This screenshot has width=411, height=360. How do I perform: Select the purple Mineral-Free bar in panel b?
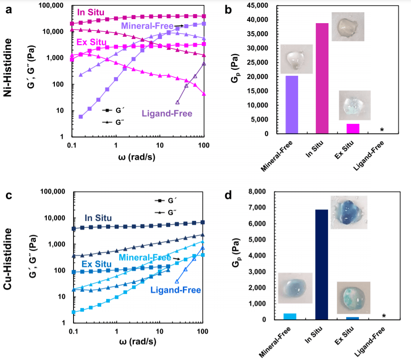[292, 105]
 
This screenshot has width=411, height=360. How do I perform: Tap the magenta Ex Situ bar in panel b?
[353, 129]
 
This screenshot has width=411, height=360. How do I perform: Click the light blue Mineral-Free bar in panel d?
[290, 316]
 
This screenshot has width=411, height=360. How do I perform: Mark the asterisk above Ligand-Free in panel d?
[384, 316]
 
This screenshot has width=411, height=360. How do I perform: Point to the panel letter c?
[8, 196]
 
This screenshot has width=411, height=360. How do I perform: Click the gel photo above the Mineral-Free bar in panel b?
[296, 59]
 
